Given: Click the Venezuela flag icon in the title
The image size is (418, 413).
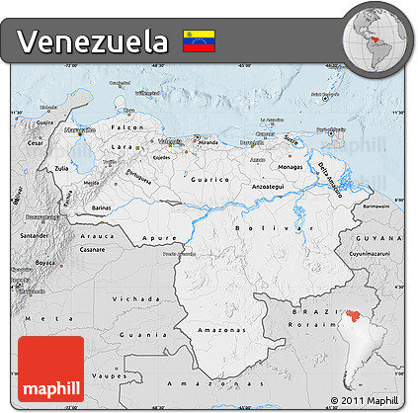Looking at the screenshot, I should [x=200, y=41].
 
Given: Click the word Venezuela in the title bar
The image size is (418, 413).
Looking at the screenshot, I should [x=92, y=41].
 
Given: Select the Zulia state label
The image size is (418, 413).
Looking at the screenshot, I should [x=61, y=169].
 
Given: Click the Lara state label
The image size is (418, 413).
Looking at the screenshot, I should [x=122, y=146].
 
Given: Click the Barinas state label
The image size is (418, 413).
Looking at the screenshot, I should [x=102, y=208].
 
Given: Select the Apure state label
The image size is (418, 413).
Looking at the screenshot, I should [x=156, y=238].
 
